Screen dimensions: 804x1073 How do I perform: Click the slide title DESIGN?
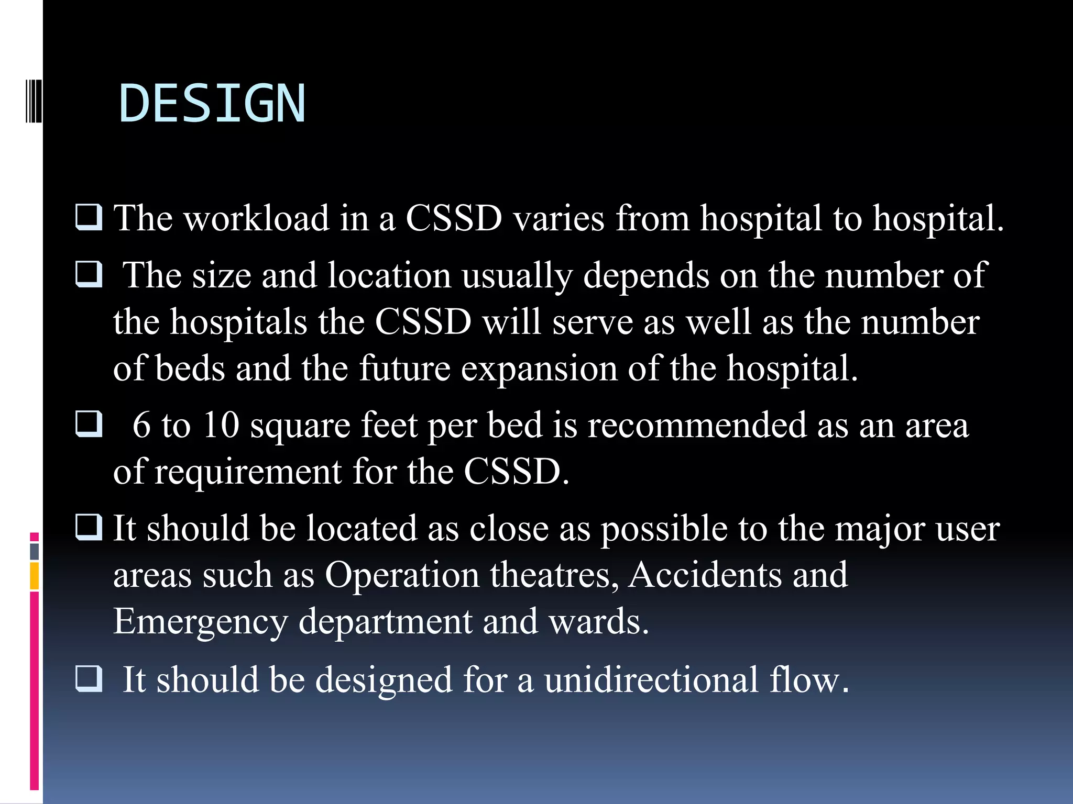click(x=212, y=104)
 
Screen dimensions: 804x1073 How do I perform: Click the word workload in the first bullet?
click(x=257, y=218)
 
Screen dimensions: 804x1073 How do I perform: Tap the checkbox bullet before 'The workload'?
click(x=89, y=217)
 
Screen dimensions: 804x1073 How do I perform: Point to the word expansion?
click(x=539, y=368)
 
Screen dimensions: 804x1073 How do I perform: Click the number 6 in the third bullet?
click(x=141, y=425)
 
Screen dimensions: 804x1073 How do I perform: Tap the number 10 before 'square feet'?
click(x=221, y=425)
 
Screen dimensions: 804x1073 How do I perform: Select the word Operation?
click(x=402, y=575)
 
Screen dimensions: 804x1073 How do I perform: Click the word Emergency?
click(x=201, y=622)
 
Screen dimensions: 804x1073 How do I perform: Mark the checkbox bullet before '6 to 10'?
click(x=89, y=423)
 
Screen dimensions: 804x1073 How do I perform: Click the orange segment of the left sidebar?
click(x=35, y=576)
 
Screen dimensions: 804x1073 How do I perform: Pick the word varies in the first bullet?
click(x=559, y=218)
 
